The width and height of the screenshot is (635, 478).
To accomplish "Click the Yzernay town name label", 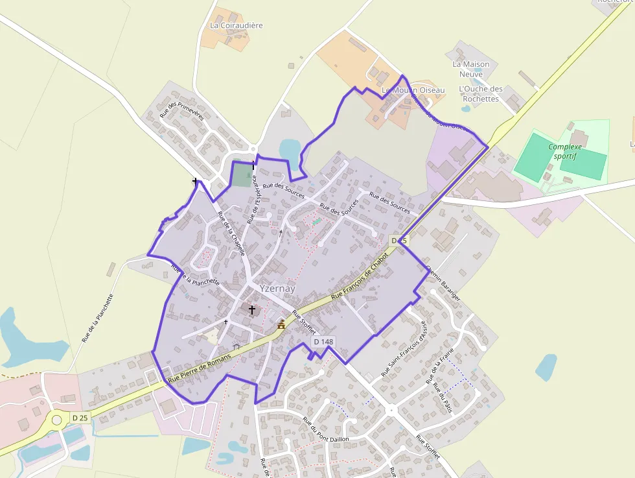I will pos(277,288).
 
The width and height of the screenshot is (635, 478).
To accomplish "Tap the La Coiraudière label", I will pos(236,25).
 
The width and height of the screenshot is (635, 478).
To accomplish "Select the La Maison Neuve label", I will pos(470,69).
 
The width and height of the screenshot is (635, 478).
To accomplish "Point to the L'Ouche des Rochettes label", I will pos(480,94).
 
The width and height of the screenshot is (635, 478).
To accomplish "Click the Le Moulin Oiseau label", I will pos(413,90).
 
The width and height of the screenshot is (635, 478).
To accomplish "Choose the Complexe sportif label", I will pos(566,151).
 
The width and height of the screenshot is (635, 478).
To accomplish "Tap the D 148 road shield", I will pos(323,341).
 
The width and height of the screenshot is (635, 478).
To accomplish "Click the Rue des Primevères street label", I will pos(182,110).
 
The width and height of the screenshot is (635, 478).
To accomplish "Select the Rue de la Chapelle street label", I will pos(231,233).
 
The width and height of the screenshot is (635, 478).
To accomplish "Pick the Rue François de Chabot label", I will pos(359,276).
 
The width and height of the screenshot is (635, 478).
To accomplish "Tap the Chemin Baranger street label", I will pos(443,282).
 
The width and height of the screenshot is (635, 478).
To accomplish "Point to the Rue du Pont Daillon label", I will pos(325,430).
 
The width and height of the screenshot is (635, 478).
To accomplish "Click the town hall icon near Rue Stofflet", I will pos(281,324).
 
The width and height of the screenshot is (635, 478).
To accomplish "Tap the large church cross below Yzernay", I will pos(252,310).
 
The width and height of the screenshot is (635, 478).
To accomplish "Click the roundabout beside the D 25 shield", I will pos(57,420).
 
